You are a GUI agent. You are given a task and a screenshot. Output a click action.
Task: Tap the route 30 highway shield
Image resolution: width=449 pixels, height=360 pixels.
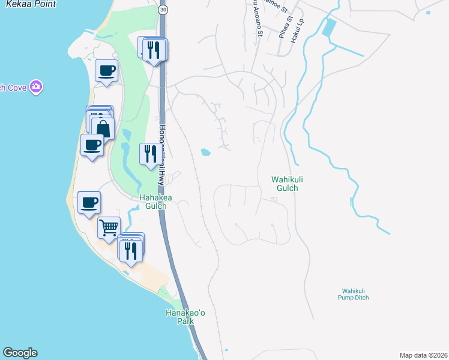tap(163, 10)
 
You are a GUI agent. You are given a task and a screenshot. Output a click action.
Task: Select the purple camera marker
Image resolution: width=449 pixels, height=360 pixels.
tap(37, 88)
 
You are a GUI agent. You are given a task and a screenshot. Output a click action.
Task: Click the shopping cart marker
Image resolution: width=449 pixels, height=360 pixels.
tap(109, 228)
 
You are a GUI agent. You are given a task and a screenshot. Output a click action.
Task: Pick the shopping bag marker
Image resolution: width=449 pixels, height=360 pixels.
tap(103, 128)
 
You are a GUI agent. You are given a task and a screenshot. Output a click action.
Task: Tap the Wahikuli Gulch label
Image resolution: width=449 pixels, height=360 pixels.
tap(285, 184)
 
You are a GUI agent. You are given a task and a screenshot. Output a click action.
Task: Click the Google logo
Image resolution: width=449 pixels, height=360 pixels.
tap(20, 353)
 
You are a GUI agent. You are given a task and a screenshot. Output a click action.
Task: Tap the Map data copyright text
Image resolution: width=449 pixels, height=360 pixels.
tap(423, 355)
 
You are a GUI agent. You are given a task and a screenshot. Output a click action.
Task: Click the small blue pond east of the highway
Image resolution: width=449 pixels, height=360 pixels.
tap(205, 152)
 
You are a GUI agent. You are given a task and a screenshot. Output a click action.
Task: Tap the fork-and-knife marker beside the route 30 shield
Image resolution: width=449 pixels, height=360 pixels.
tap(155, 50)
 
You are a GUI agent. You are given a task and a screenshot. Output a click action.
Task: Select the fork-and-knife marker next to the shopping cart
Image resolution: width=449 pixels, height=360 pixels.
tap(131, 249)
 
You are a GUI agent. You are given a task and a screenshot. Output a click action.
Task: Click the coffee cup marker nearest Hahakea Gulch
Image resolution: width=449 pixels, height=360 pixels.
tap(89, 202)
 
